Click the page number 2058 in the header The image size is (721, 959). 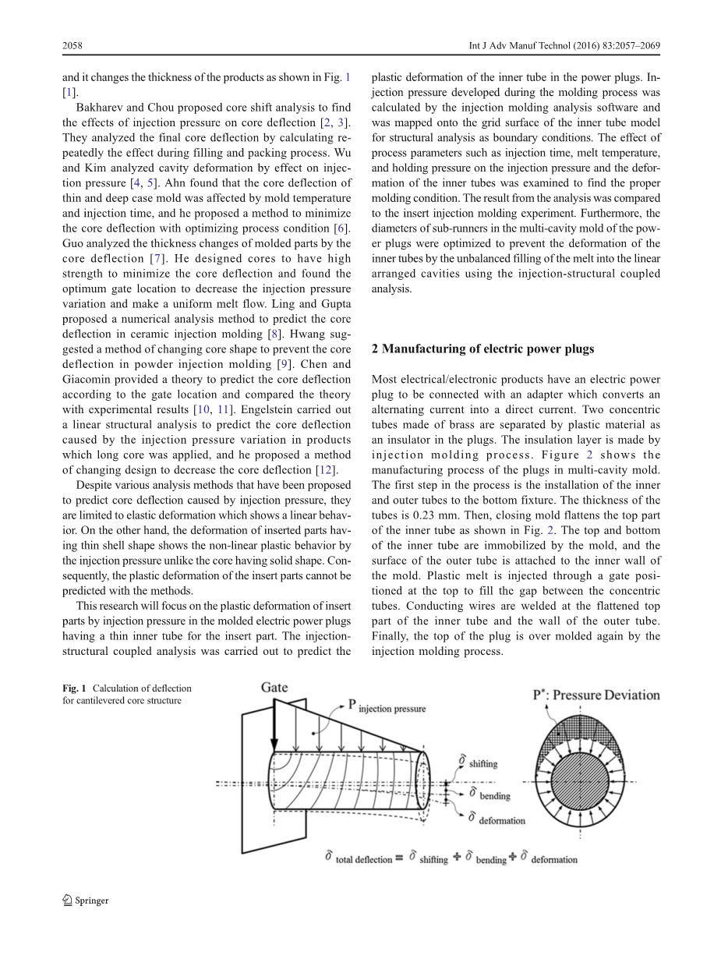pyautogui.click(x=72, y=46)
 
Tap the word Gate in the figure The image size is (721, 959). pyautogui.click(x=274, y=687)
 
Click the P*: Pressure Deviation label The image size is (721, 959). pyautogui.click(x=596, y=695)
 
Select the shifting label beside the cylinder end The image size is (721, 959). pyautogui.click(x=483, y=764)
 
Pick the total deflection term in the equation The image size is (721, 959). pyautogui.click(x=363, y=859)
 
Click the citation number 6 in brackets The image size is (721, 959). pyautogui.click(x=344, y=228)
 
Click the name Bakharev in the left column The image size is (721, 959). pyautogui.click(x=101, y=122)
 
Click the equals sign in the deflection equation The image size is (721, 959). pyautogui.click(x=399, y=858)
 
